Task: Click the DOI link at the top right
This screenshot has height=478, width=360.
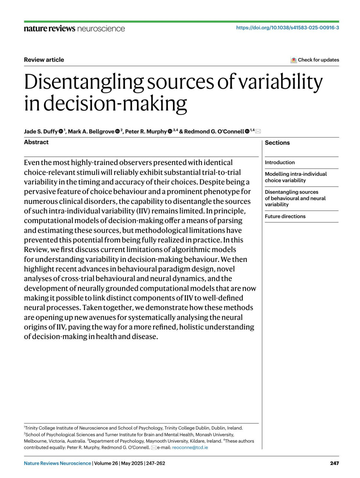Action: pyautogui.click(x=287, y=28)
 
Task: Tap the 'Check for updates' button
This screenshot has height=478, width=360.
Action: pyautogui.click(x=315, y=60)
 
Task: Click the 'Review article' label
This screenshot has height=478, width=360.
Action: pyautogui.click(x=44, y=60)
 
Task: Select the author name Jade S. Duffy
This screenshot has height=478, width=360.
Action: pyautogui.click(x=41, y=131)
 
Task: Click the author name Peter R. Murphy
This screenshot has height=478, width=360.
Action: pyautogui.click(x=146, y=131)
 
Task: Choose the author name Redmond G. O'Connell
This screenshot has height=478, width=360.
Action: pyautogui.click(x=214, y=131)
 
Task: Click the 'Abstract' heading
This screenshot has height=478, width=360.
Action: pyautogui.click(x=36, y=142)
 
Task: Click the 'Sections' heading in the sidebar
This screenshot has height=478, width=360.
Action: pyautogui.click(x=277, y=143)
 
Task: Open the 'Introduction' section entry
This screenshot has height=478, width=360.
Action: pyautogui.click(x=280, y=162)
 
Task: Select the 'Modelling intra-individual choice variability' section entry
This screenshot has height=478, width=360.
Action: pyautogui.click(x=296, y=177)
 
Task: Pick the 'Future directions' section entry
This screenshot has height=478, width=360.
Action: pyautogui.click(x=285, y=216)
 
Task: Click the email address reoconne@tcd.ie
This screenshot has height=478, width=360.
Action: pyautogui.click(x=190, y=447)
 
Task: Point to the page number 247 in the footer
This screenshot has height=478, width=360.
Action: pyautogui.click(x=334, y=463)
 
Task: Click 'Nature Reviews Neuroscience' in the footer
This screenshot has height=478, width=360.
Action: pyautogui.click(x=57, y=463)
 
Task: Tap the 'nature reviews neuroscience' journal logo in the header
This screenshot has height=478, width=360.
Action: pyautogui.click(x=74, y=29)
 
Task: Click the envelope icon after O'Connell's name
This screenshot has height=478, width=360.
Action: pyautogui.click(x=258, y=131)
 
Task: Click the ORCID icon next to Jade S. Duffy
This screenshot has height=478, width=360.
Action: pyautogui.click(x=61, y=131)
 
